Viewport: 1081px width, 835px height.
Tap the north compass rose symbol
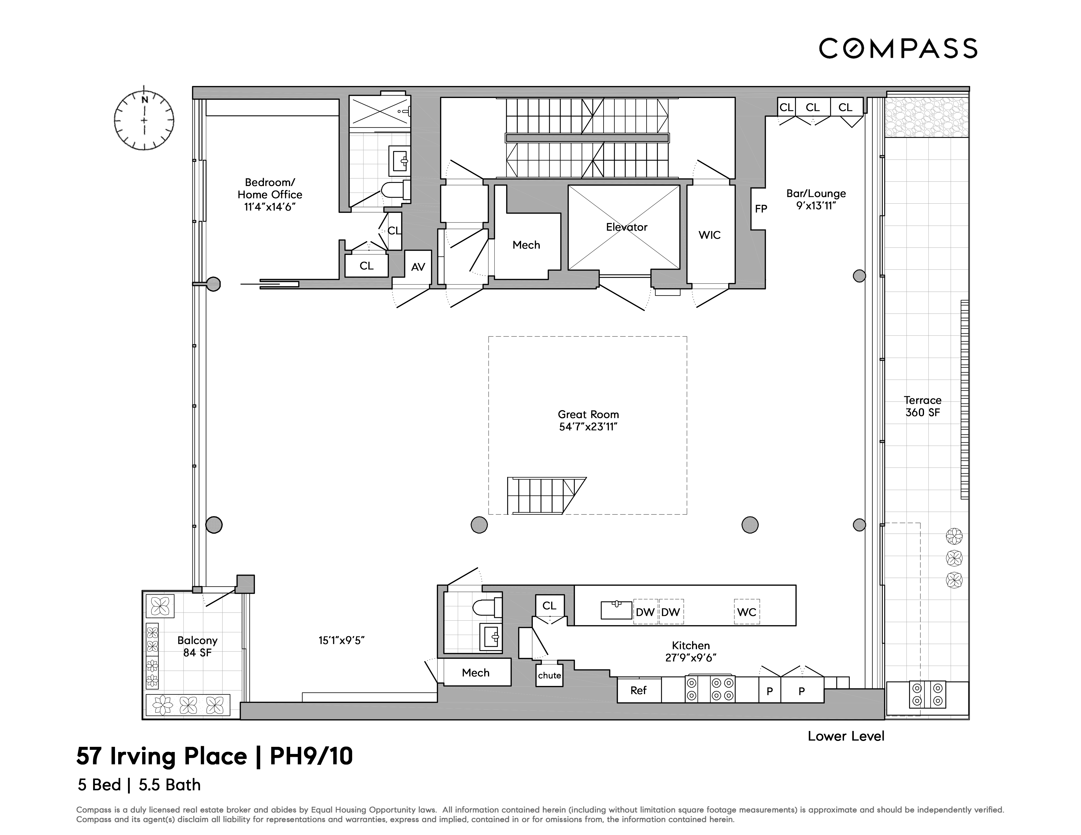click(144, 119)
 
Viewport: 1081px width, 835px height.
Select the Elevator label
click(627, 227)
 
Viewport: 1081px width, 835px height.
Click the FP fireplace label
click(761, 209)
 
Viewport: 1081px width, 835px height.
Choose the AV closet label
click(418, 267)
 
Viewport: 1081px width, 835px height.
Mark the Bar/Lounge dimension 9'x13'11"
click(816, 206)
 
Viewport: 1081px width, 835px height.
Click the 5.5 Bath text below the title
click(170, 785)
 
